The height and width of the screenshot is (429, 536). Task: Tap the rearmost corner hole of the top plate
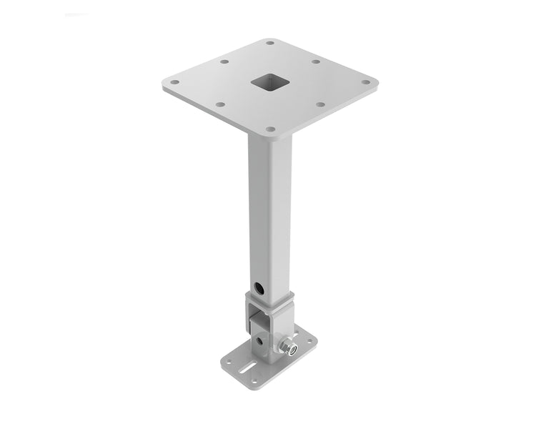pyautogui.click(x=269, y=42)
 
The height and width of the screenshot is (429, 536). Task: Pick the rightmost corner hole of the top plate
pyautogui.click(x=367, y=83)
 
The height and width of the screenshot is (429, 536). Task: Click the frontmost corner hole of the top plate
pyautogui.click(x=270, y=129)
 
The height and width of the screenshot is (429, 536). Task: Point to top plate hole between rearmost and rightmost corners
pyautogui.click(x=315, y=61)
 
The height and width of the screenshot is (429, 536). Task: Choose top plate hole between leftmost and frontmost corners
pyautogui.click(x=219, y=105)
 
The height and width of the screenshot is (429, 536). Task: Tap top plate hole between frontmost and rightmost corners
pyautogui.click(x=320, y=105)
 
